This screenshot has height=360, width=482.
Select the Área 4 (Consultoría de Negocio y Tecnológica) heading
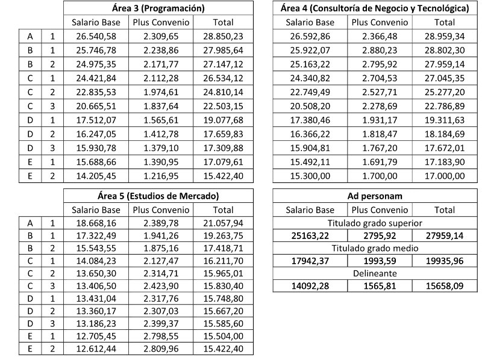pyautogui.click(x=375, y=8)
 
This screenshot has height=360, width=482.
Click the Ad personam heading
pyautogui.click(x=375, y=196)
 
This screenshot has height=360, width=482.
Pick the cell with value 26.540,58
pyautogui.click(x=96, y=37)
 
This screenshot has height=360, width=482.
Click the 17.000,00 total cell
pyautogui.click(x=444, y=176)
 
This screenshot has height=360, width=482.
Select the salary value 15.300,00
pyautogui.click(x=310, y=176)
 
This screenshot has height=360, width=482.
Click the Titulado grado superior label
pyautogui.click(x=375, y=224)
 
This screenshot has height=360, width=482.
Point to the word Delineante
pyautogui.click(x=375, y=273)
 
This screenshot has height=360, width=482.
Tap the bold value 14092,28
pyautogui.click(x=310, y=285)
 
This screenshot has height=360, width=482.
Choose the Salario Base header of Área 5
pyautogui.click(x=96, y=210)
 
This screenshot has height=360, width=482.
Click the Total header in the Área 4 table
pyautogui.click(x=444, y=22)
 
